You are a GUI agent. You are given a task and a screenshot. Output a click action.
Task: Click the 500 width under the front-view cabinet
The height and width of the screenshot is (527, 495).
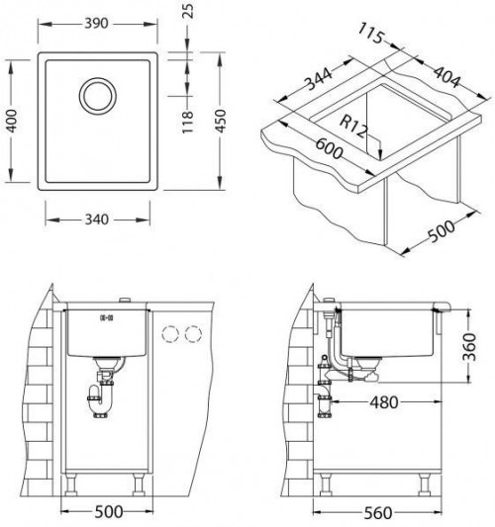pos(111,512)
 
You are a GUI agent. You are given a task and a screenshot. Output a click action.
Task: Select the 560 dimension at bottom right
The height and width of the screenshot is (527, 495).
pos(368,512)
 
